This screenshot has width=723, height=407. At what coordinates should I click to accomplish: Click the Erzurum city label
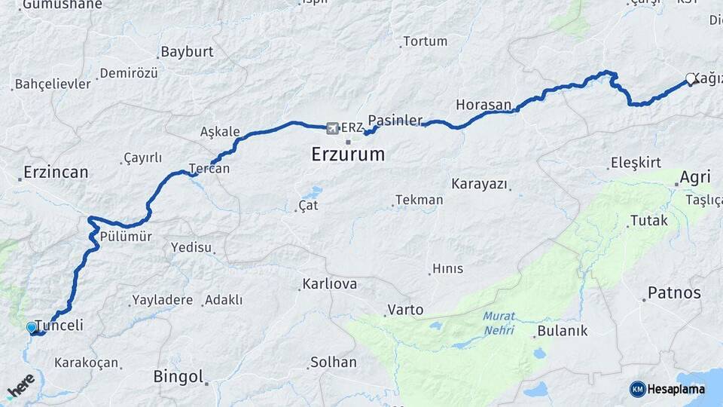(x=347, y=155)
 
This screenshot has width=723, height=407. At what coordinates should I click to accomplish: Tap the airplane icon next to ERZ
(x=333, y=127)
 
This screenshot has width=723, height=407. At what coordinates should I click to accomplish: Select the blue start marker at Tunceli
(x=31, y=327)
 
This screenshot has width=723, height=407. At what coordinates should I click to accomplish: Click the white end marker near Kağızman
(x=690, y=78)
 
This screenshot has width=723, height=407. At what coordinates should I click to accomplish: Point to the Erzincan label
(x=56, y=172)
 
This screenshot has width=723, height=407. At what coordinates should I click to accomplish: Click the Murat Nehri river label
(x=499, y=323)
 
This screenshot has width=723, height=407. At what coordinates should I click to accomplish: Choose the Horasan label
(x=484, y=104)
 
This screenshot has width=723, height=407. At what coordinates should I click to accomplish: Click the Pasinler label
(x=399, y=121)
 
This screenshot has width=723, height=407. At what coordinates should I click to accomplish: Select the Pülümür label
(x=127, y=237)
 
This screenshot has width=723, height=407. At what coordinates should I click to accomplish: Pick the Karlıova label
(x=329, y=284)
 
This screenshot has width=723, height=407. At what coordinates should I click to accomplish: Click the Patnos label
(x=674, y=292)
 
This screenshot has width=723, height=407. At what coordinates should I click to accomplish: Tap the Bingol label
(x=178, y=376)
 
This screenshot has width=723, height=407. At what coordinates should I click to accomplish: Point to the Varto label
(x=405, y=310)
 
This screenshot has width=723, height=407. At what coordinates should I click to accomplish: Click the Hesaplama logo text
(x=675, y=389)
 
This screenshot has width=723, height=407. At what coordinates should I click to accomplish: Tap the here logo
(x=20, y=385)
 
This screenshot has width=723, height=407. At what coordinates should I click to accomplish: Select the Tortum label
(x=425, y=41)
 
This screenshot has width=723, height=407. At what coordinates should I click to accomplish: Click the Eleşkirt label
(x=636, y=162)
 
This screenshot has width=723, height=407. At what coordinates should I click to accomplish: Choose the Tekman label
(x=419, y=200)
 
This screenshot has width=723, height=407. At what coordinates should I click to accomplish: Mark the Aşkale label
(x=220, y=132)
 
